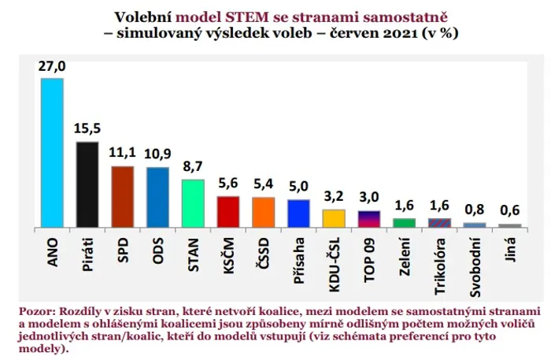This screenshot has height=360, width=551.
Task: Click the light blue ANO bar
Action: (53, 153)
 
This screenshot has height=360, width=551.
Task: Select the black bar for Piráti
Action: (87, 185)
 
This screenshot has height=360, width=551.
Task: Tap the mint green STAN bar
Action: (193, 203)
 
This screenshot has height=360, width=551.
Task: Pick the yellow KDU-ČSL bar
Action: (334, 219)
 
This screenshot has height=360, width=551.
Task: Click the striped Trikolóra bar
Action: (439, 223)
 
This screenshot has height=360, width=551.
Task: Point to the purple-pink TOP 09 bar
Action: (369, 219)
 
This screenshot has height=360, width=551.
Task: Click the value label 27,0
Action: (52, 65)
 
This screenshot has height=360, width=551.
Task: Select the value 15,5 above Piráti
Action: (87, 128)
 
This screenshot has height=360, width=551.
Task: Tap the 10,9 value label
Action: (157, 154)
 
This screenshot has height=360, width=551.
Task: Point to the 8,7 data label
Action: (193, 166)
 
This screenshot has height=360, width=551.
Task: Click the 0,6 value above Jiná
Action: (510, 210)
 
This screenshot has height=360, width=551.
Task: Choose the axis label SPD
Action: (123, 251)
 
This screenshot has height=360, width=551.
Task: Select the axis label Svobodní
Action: (475, 268)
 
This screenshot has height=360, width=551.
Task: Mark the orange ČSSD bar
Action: (263, 213)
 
